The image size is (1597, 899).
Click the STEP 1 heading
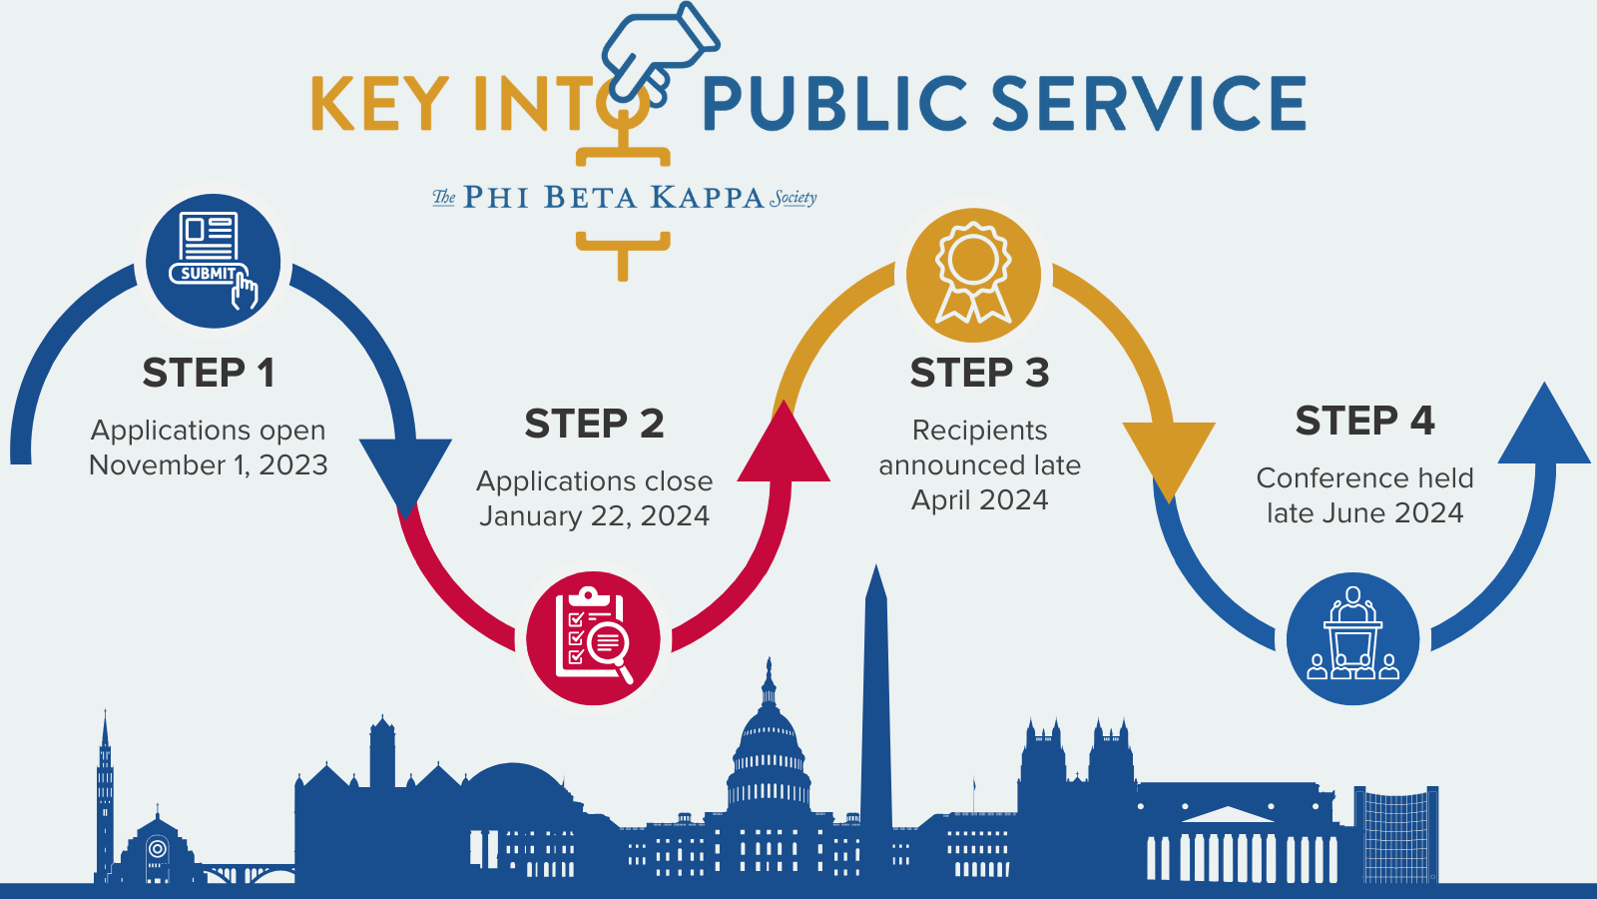(x=208, y=374)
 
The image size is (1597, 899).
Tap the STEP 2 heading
(x=594, y=425)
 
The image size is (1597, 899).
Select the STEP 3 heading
(x=979, y=374)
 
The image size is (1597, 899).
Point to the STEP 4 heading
(x=1364, y=422)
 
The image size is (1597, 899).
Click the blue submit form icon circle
(x=213, y=262)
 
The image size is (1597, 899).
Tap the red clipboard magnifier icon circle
(x=593, y=638)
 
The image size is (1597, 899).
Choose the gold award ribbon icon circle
(x=973, y=275)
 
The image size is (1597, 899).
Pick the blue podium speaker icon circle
(x=1352, y=638)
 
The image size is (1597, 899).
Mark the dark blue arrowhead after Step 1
(x=405, y=471)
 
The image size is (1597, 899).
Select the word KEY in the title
(x=379, y=104)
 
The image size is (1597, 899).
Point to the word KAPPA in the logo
(x=707, y=198)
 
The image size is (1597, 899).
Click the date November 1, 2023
(x=208, y=465)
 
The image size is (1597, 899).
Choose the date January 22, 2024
(x=594, y=516)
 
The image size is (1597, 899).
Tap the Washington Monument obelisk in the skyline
(x=875, y=699)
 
